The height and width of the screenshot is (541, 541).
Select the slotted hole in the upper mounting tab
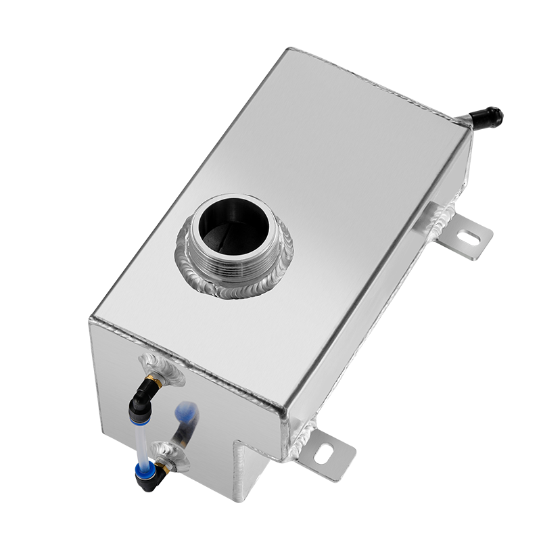[x=470, y=237]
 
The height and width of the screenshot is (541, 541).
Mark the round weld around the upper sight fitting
[x=166, y=369]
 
